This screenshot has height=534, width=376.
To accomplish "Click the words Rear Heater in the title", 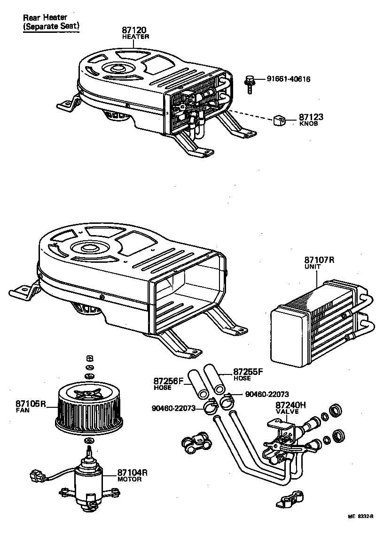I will click(45, 18).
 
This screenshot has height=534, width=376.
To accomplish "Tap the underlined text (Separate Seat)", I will click(51, 27).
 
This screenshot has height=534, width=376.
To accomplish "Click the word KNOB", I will click(308, 124).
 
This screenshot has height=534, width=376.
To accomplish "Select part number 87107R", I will click(320, 260).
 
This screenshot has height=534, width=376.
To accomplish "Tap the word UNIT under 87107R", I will click(312, 267).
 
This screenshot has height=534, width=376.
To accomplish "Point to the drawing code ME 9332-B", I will click(360, 529).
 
